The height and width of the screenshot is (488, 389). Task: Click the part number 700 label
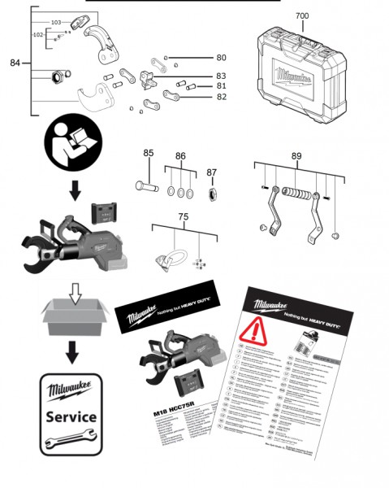pos(301,15)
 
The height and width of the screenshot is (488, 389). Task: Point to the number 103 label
pos(55,23)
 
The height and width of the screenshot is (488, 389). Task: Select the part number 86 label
pos(180,155)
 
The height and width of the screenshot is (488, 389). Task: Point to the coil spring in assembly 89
pos(300,196)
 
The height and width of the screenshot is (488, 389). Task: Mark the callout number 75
pos(184,218)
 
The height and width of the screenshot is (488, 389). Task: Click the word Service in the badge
pos(71,416)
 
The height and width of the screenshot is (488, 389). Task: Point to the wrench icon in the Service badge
pos(71,440)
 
